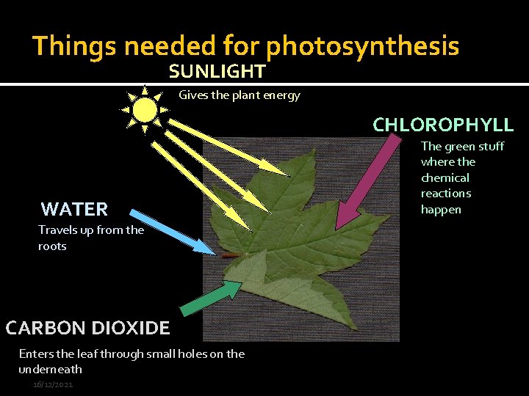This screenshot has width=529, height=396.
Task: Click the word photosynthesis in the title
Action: pos(363,46)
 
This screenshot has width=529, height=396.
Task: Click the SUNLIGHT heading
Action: pos(217,71)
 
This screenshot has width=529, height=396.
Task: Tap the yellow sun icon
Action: pos(145,110)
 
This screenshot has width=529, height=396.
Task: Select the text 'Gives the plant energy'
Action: pos(240,95)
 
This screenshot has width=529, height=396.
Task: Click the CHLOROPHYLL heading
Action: pos(443,125)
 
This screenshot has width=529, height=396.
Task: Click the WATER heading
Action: pos(74,209)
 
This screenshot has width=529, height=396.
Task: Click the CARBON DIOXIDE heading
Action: pos(87,328)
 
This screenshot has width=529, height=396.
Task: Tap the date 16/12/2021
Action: pos(53,385)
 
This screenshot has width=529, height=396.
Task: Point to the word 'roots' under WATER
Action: pos(52,246)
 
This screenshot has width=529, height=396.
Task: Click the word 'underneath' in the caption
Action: pos(51,370)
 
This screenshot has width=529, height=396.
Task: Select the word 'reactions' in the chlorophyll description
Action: pos(446,194)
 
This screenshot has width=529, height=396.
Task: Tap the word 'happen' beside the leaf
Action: pos(441,210)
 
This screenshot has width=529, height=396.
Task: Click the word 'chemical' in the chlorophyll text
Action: pos(445,177)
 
